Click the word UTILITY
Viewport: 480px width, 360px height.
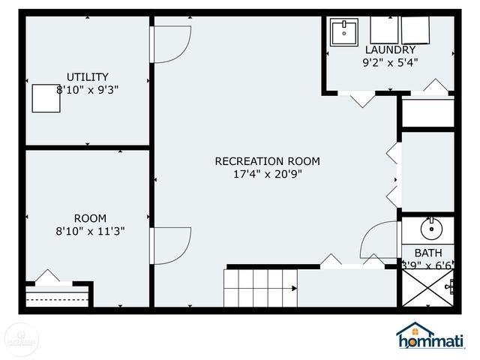(x=88, y=76)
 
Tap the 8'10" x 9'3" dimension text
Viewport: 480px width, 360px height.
(x=88, y=89)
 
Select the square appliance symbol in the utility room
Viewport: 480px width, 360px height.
(x=46, y=97)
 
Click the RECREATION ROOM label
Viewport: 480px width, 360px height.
(x=267, y=161)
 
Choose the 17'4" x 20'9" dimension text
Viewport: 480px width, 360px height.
(x=268, y=174)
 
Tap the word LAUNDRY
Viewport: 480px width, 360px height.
(x=390, y=50)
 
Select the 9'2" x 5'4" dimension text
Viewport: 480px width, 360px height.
(x=390, y=63)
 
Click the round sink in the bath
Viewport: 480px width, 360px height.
(x=430, y=228)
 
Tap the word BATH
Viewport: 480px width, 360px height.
(x=428, y=253)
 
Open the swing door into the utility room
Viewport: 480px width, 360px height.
(x=170, y=45)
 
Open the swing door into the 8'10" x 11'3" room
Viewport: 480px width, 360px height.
(x=170, y=245)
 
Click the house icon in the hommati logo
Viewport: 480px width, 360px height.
(x=415, y=331)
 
